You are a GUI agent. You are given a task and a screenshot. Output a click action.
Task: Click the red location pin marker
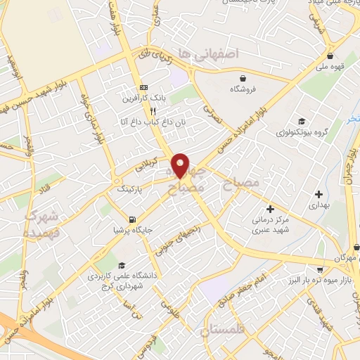coord(181,164)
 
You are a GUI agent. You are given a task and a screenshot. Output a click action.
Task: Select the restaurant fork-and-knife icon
coord(152,110)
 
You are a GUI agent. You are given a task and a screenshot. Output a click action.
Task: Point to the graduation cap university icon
coord(122,266)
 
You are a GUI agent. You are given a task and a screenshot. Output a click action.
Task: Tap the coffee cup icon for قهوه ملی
coord(330,56)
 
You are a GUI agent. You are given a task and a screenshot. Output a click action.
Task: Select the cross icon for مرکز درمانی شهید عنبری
coord(270,209)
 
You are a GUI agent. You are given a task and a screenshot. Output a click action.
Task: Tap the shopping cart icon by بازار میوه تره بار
coord(320,269)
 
